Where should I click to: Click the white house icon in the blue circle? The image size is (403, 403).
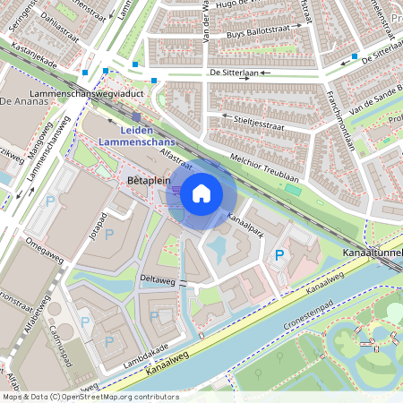tap(201, 193)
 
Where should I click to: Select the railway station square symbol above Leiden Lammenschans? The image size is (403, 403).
tap(136, 116)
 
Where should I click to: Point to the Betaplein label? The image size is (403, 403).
tap(149, 180)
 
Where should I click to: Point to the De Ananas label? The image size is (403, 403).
tap(24, 101)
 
